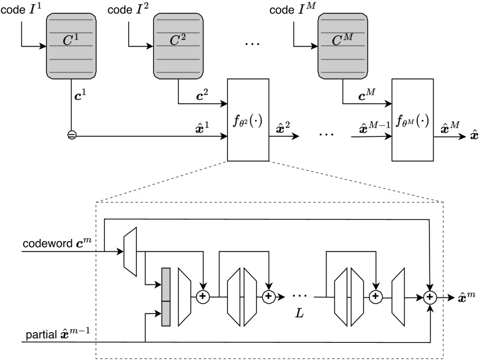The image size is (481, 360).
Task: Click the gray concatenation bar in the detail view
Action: pyautogui.click(x=166, y=297)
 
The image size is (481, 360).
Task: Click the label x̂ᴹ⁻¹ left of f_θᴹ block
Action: pyautogui.click(x=372, y=128)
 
